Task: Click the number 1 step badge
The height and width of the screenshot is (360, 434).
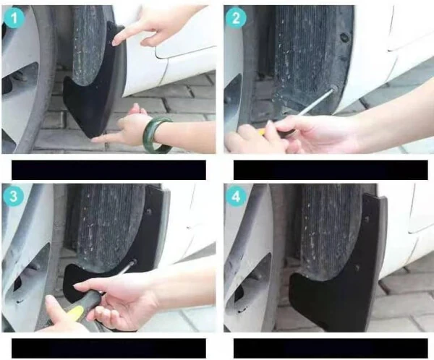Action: pyautogui.click(x=13, y=20)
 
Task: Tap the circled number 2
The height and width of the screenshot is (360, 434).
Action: pyautogui.click(x=236, y=20)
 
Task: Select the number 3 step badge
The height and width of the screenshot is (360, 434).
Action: pyautogui.click(x=13, y=195)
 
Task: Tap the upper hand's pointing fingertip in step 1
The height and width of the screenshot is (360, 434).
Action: pyautogui.click(x=116, y=43)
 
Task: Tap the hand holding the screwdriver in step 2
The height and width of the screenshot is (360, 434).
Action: pyautogui.click(x=311, y=134)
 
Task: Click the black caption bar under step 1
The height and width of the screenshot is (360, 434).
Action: pyautogui.click(x=109, y=170)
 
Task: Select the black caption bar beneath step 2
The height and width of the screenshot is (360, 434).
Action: pyautogui.click(x=330, y=170)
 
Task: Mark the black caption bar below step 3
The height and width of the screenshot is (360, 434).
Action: pyautogui.click(x=109, y=348)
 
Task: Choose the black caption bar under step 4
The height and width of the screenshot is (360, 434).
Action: pyautogui.click(x=330, y=348)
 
